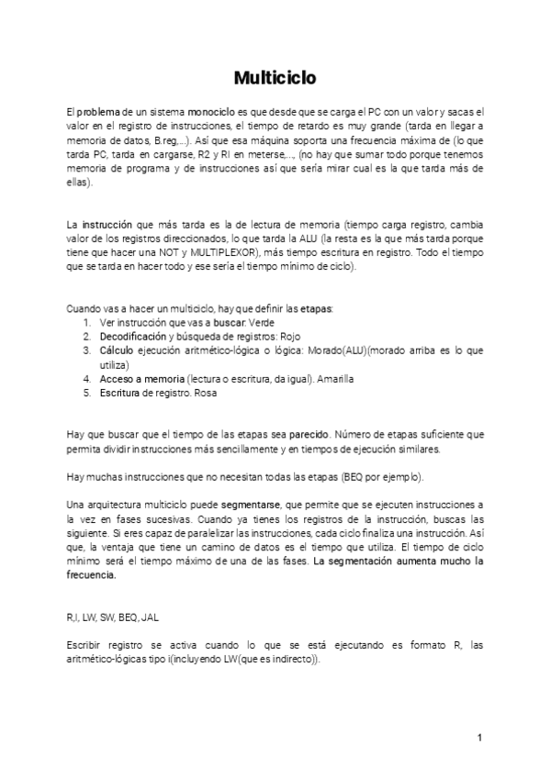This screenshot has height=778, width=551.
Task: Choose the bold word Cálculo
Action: tap(117, 350)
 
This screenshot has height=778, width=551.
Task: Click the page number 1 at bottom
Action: tap(479, 738)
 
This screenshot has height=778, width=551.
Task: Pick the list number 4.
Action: tap(86, 379)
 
